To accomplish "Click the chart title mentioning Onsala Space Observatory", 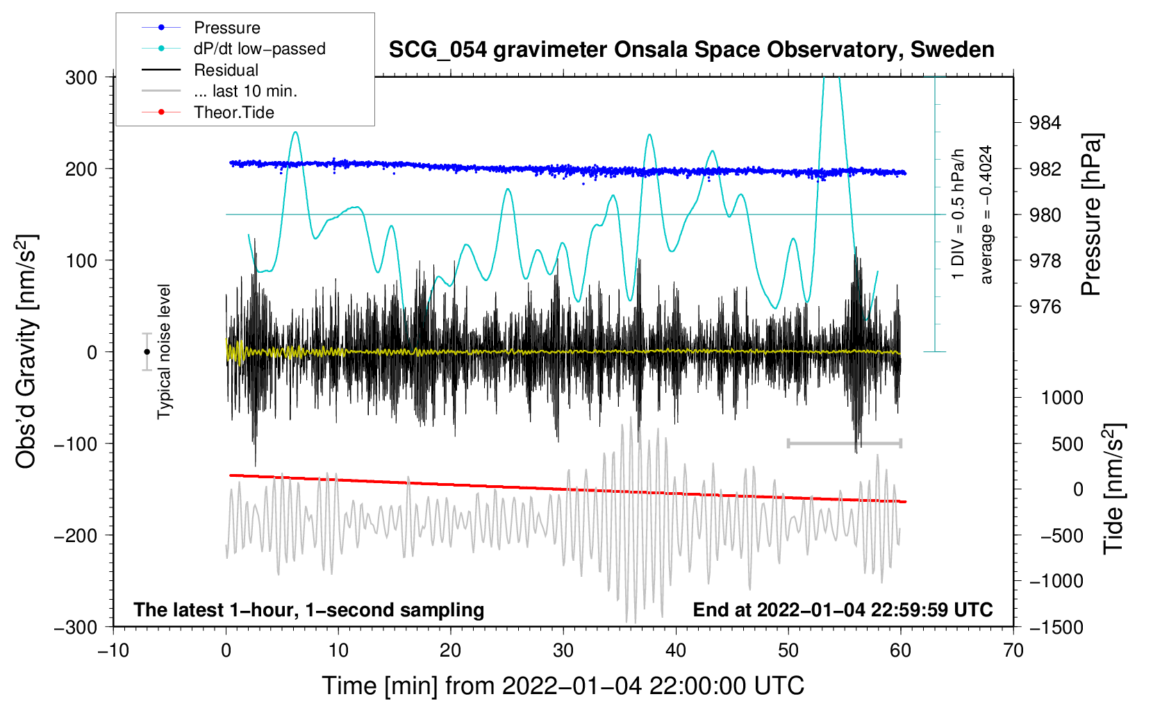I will [x=691, y=50].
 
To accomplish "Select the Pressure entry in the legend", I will [x=226, y=28].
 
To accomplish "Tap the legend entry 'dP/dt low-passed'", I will [x=259, y=49].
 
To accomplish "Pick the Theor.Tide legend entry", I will [x=233, y=112].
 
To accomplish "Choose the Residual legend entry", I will [x=226, y=70].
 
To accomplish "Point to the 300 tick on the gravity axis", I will [x=81, y=77].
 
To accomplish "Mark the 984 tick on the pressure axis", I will [x=1045, y=123].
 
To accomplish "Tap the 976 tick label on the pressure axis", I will [x=1045, y=307].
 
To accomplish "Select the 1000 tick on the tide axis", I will [x=1062, y=398].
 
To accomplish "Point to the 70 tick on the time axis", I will [x=1013, y=650].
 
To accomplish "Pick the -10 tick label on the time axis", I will [x=113, y=650].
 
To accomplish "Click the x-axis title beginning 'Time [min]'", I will [x=563, y=686].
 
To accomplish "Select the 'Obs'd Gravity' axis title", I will [x=26, y=352].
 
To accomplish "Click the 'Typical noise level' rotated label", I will [x=164, y=352].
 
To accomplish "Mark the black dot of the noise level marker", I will [x=147, y=352].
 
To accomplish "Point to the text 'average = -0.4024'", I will [x=986, y=214].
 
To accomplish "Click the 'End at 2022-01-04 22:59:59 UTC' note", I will [x=843, y=609].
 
